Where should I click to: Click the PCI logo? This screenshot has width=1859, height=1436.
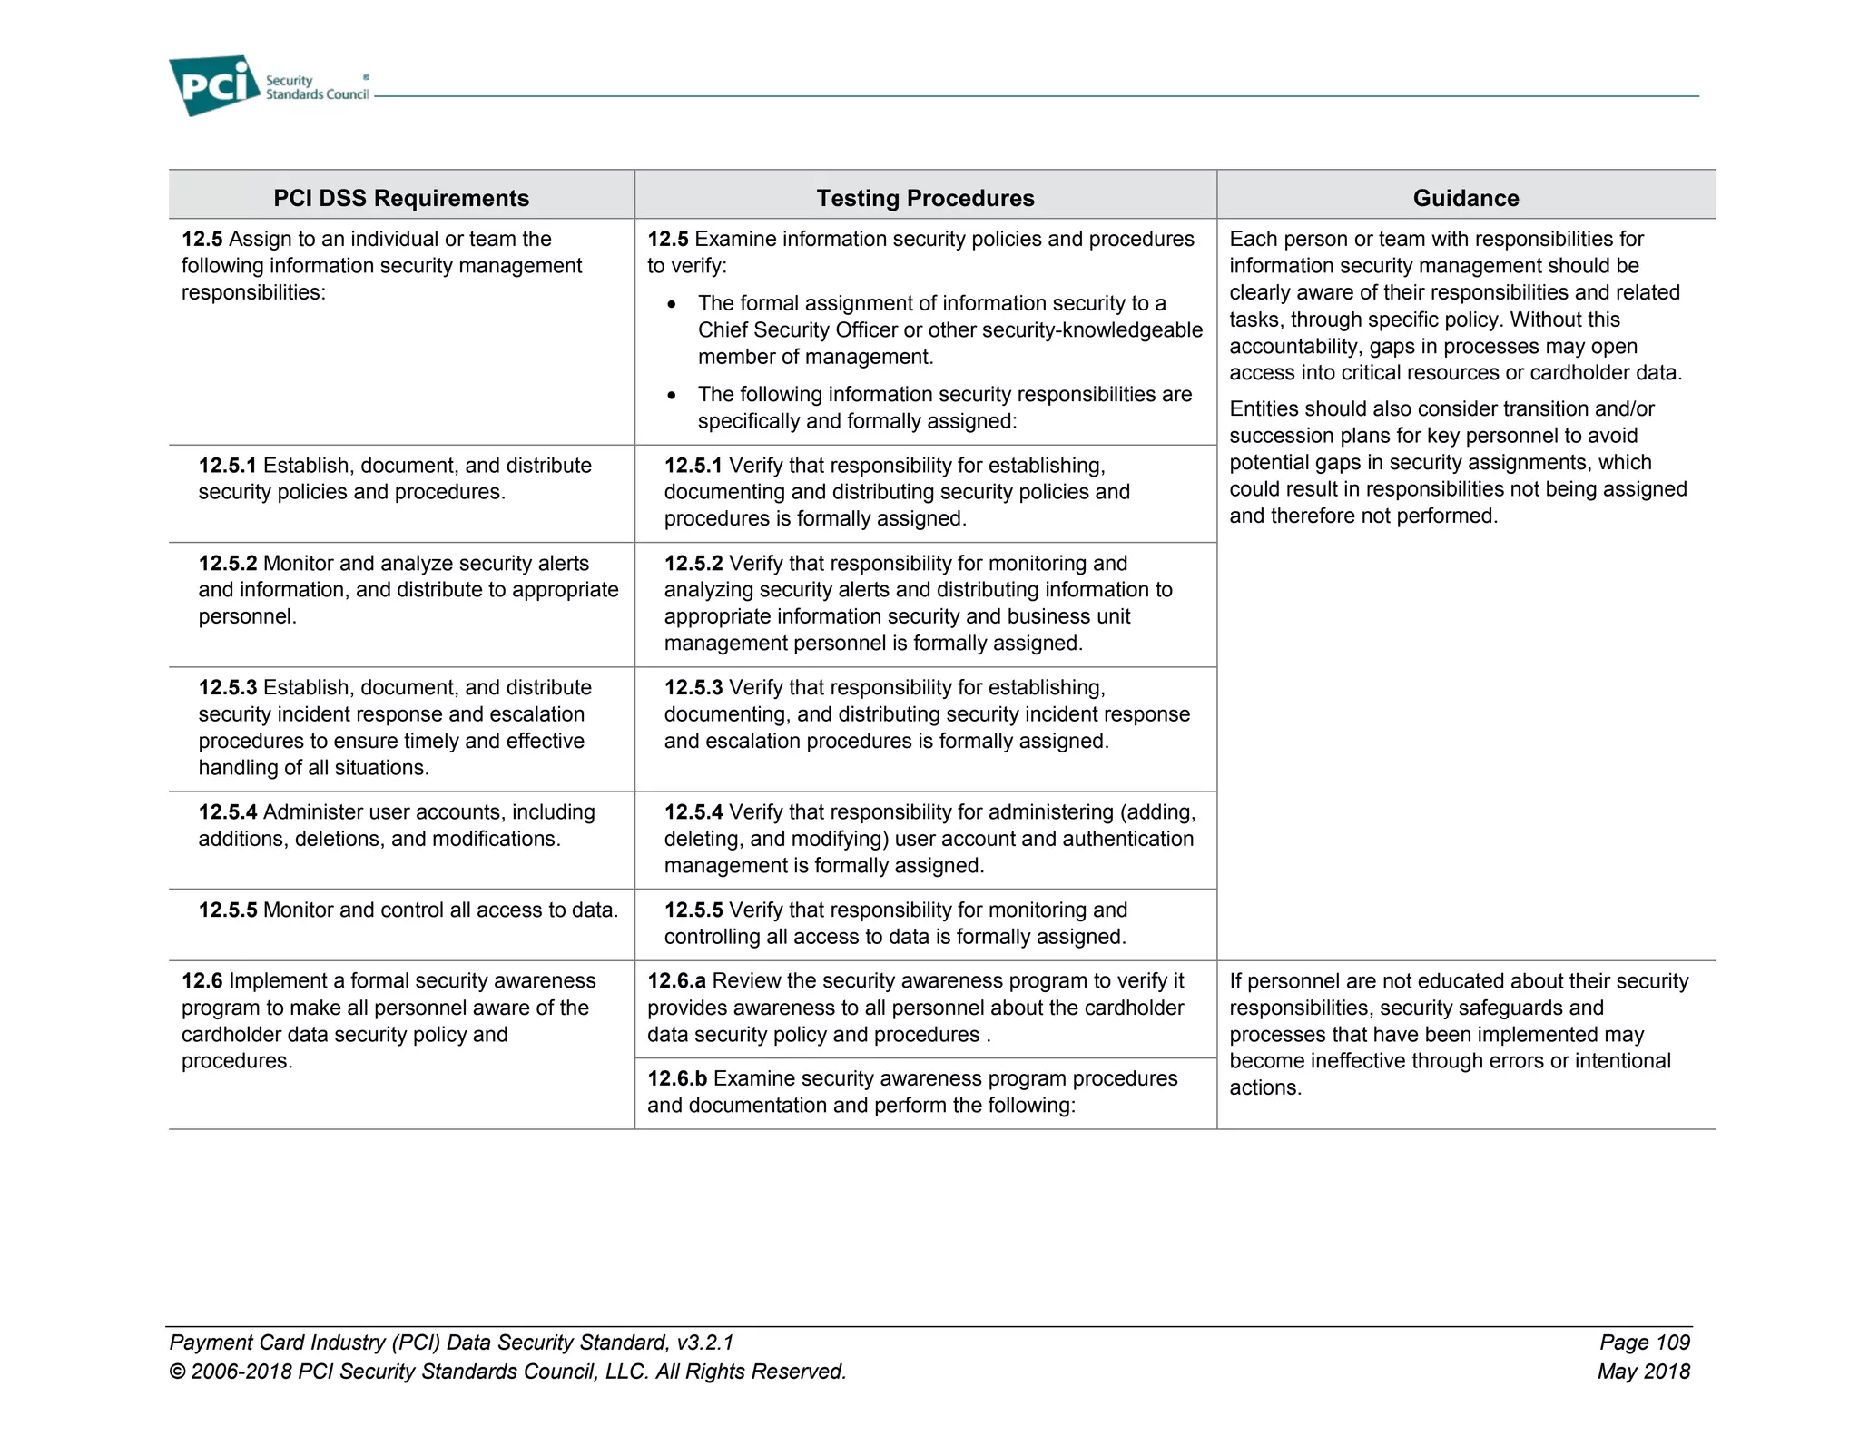214,85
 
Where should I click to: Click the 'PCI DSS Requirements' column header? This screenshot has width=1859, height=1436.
401,198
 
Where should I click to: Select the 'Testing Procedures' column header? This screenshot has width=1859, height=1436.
925,198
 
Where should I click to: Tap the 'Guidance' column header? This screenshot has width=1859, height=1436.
1465,198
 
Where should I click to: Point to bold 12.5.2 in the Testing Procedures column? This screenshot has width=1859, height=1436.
693,564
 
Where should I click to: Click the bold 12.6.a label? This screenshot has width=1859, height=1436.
676,981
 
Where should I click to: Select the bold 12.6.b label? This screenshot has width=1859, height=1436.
677,1079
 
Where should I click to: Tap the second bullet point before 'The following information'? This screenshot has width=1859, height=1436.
672,396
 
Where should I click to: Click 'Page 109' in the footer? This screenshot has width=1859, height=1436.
1644,1343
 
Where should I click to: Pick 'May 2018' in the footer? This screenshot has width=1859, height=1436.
1643,1372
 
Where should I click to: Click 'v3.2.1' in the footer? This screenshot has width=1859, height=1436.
704,1343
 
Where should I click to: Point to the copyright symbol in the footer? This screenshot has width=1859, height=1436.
177,1372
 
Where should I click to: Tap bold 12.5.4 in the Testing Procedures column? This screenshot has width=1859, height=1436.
693,812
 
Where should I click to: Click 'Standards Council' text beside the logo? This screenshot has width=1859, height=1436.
317,95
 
